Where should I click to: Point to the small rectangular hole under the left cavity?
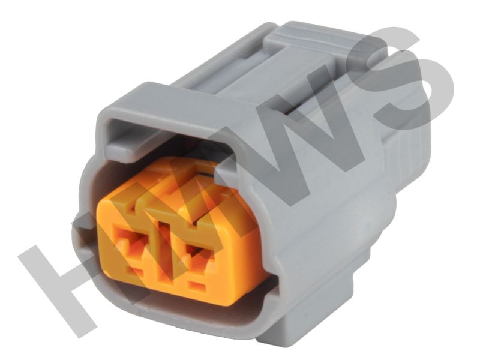tap(134, 271)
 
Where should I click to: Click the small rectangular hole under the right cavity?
tap(197, 287)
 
